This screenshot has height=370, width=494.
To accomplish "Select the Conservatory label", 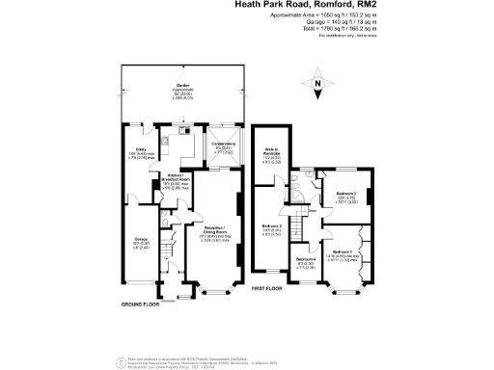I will [x=224, y=146].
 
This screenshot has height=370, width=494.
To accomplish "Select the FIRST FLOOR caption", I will [x=271, y=288].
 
